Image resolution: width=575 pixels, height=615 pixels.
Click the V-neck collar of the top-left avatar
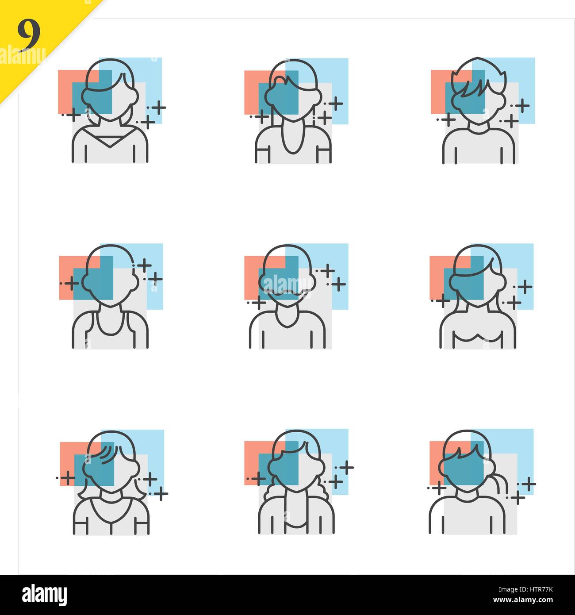tap(110, 142)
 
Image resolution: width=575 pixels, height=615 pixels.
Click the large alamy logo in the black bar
tap(44, 595)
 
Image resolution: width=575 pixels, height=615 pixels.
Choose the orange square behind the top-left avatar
tap(65, 88)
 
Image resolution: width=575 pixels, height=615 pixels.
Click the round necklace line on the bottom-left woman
tap(111, 518)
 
